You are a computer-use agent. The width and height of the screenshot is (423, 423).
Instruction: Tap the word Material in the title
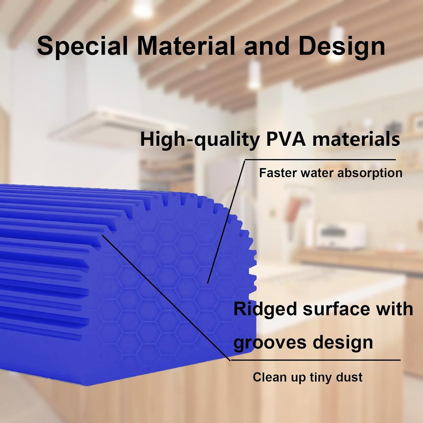point(186,46)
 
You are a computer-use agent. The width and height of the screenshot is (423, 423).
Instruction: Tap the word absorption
point(370,173)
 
